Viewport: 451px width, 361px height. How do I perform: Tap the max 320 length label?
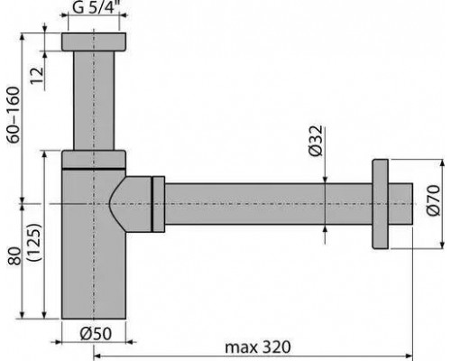click(259, 347)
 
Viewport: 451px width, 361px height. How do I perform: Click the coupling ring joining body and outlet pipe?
click(158, 204)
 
